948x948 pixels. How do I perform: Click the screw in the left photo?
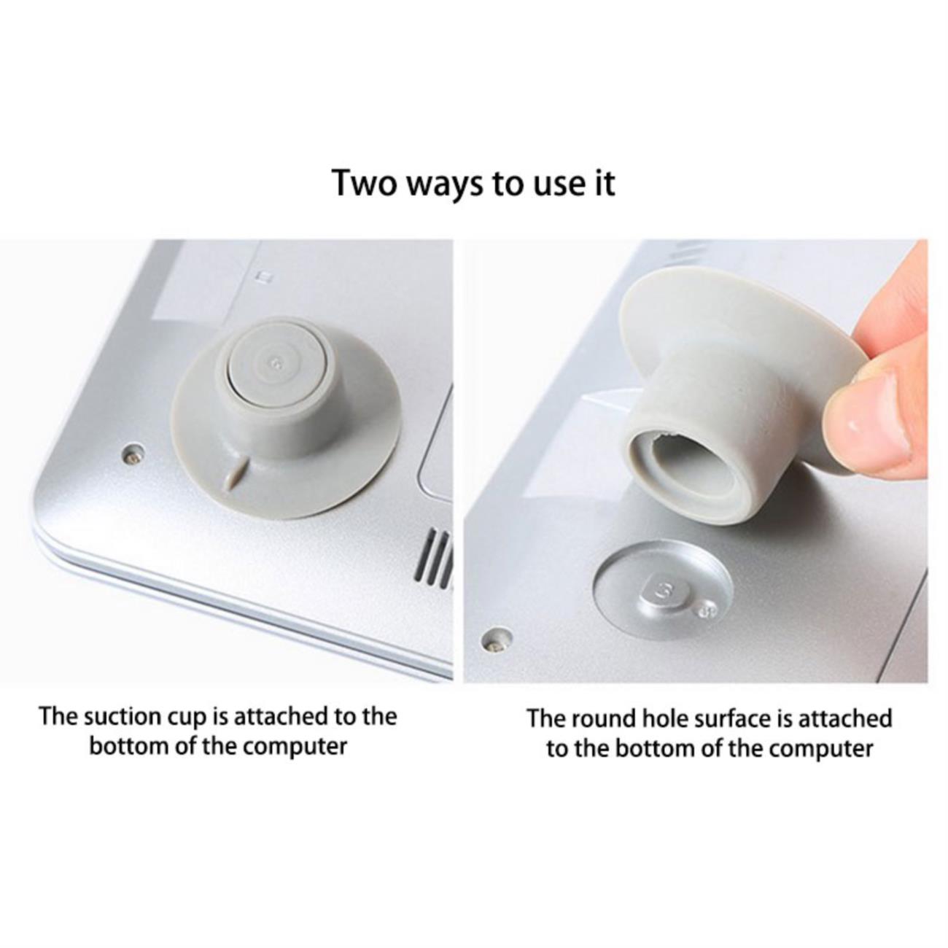click(133, 453)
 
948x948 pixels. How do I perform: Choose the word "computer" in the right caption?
click(822, 749)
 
